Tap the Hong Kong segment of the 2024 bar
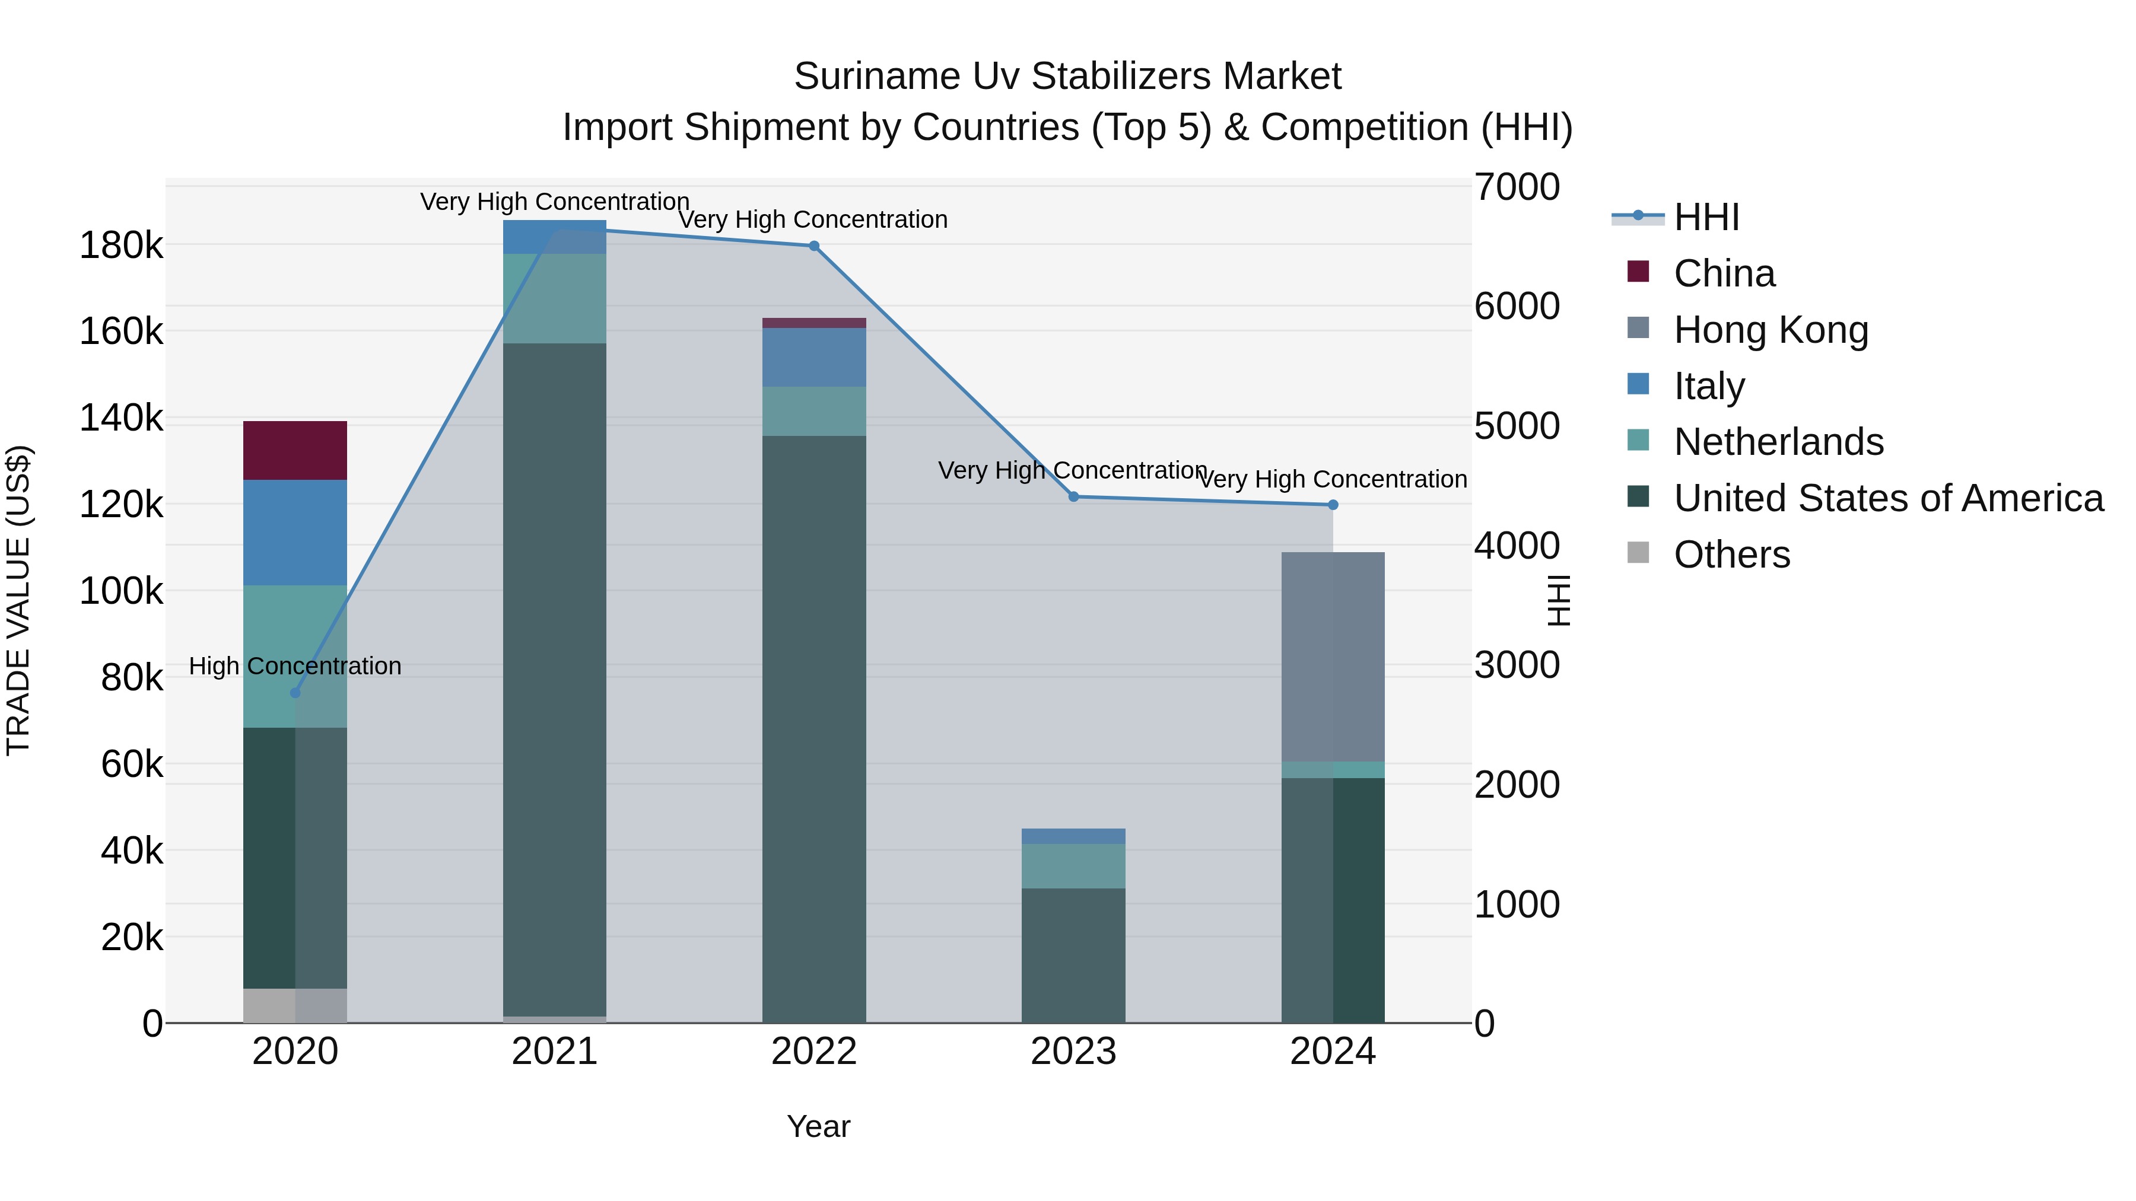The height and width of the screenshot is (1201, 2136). pyautogui.click(x=1333, y=657)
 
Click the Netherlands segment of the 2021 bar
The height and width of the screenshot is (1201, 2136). pyautogui.click(x=554, y=298)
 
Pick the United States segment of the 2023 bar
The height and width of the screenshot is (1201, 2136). pyautogui.click(x=1073, y=955)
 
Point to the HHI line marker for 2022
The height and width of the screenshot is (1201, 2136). pyautogui.click(x=813, y=246)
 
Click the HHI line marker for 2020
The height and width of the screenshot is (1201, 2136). pyautogui.click(x=295, y=693)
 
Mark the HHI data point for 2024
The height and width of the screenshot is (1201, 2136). pyautogui.click(x=1333, y=505)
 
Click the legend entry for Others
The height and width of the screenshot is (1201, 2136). pyautogui.click(x=1731, y=554)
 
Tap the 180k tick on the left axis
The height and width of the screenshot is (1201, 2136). pyautogui.click(x=121, y=246)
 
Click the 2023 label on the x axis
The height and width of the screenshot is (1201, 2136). pyautogui.click(x=1073, y=1052)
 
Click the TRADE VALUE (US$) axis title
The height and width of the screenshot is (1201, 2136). pyautogui.click(x=18, y=600)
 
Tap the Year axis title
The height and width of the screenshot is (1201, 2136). pyautogui.click(x=818, y=1126)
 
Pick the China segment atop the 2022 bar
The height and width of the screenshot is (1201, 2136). pyautogui.click(x=813, y=323)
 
